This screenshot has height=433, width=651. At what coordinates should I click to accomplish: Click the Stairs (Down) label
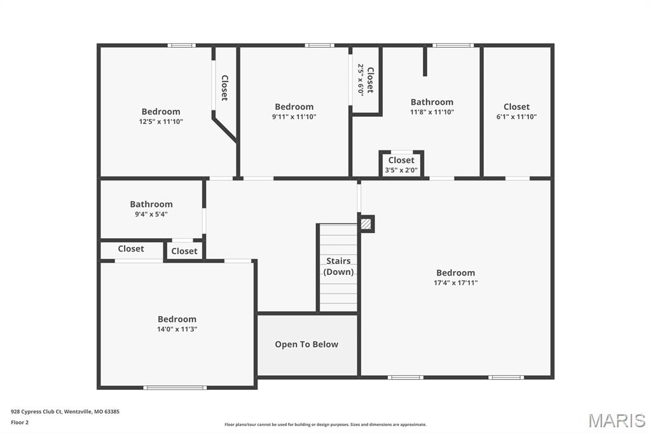tap(338, 266)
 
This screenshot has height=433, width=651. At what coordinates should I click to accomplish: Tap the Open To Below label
tap(306, 344)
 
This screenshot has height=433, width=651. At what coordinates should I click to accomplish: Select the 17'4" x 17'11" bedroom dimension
tap(455, 283)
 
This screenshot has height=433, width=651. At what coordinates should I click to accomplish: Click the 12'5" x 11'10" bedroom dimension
tap(161, 121)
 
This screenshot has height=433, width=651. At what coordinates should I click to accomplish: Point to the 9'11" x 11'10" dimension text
tap(294, 117)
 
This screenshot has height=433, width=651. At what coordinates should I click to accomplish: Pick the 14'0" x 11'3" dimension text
tap(177, 329)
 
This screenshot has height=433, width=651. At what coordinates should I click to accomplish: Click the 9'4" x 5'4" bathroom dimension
tap(151, 214)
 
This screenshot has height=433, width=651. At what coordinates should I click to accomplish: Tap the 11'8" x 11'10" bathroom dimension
tap(432, 112)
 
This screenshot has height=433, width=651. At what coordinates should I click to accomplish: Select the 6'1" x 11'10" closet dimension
tap(516, 117)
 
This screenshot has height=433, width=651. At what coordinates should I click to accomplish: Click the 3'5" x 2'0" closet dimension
tap(401, 170)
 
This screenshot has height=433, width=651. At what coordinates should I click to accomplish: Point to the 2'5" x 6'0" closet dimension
tap(360, 79)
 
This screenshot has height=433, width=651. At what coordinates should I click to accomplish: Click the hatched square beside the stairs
tap(366, 223)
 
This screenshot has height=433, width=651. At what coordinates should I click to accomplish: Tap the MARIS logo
tap(617, 420)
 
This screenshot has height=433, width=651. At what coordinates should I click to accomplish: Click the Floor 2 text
tap(20, 422)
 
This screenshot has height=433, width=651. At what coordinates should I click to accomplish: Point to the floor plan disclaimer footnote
tap(325, 425)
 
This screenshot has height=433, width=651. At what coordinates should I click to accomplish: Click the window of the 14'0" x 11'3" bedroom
tap(174, 387)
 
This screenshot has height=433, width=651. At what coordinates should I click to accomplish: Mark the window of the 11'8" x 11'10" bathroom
tap(453, 45)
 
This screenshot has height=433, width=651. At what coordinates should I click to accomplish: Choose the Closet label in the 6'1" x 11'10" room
tap(516, 107)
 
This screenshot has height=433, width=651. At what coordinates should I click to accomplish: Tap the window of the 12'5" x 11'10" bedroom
tap(181, 45)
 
